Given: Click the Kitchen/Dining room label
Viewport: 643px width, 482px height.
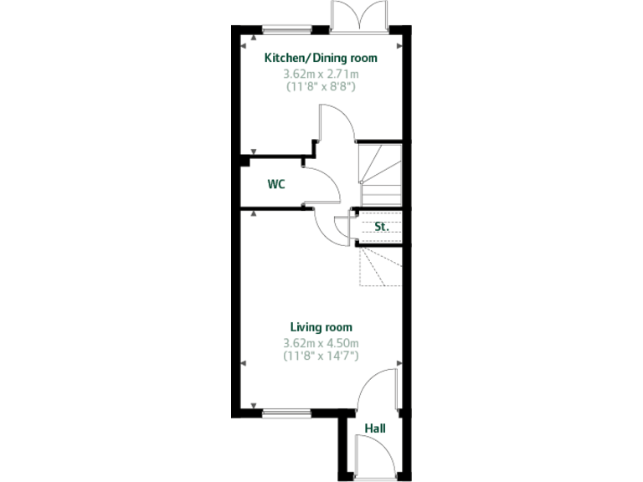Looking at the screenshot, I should click(x=321, y=59).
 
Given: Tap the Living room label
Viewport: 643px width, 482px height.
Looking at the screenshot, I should click(x=321, y=327).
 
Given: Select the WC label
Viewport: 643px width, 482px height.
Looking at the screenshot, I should click(x=276, y=184).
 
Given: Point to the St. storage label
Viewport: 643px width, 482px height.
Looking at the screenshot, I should click(x=382, y=226).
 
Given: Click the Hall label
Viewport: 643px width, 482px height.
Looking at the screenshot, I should click(x=374, y=428).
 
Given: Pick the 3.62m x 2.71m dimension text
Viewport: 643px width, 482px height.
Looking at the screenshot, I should click(x=321, y=74).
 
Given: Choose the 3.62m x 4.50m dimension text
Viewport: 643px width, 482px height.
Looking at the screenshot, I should click(x=321, y=342).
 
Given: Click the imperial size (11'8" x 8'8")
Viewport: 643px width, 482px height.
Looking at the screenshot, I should click(x=321, y=86).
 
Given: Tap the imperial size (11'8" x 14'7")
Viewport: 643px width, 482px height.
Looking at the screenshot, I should click(x=321, y=356).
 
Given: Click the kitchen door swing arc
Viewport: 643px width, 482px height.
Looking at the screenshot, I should click(x=330, y=131).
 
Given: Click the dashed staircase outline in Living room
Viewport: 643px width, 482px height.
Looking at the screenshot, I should click(x=379, y=266).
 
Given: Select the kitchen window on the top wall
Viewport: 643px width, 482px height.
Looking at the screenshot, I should click(x=287, y=31).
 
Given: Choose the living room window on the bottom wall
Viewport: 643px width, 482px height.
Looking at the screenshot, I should click(x=287, y=412).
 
